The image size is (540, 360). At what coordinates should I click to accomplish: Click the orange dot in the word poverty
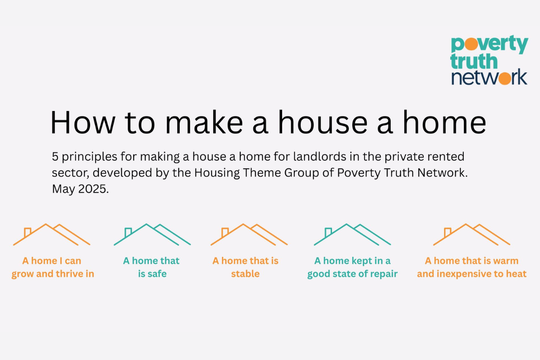tap(471, 44)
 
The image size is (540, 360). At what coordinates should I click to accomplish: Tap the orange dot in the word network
tap(505, 78)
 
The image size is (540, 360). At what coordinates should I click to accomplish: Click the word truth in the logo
tap(474, 61)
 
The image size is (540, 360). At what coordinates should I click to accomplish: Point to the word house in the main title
tap(323, 122)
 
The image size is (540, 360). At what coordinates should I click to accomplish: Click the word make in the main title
tap(204, 122)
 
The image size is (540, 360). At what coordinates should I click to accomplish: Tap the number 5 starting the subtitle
tap(55, 157)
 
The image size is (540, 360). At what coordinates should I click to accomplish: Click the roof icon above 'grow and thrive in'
tap(52, 234)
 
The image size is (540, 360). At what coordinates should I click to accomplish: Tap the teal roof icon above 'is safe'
tap(152, 234)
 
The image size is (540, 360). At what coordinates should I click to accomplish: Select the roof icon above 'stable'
tap(249, 234)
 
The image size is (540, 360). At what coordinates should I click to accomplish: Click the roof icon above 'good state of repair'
tap(352, 234)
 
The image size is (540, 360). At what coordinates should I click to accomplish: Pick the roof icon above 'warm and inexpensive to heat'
tap(472, 234)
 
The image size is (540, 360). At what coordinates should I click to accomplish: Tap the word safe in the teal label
tap(157, 274)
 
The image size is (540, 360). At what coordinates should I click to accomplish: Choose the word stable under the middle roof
tap(245, 274)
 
